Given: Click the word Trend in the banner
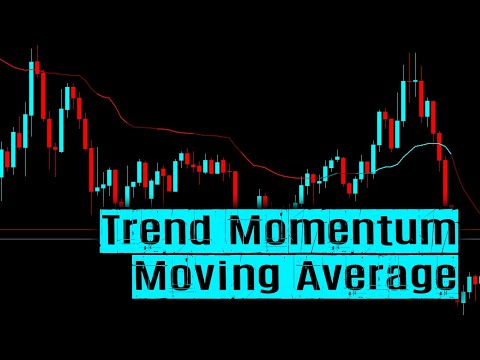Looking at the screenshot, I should click(x=160, y=231).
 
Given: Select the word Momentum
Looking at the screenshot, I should click(x=343, y=231).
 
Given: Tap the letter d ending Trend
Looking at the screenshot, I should click(x=205, y=231).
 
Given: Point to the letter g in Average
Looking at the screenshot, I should click(x=417, y=278).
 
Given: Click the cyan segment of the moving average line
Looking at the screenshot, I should click(x=410, y=151).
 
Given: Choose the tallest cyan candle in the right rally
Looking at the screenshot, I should click(x=404, y=100).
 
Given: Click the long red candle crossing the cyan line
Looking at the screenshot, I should click(x=446, y=175).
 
